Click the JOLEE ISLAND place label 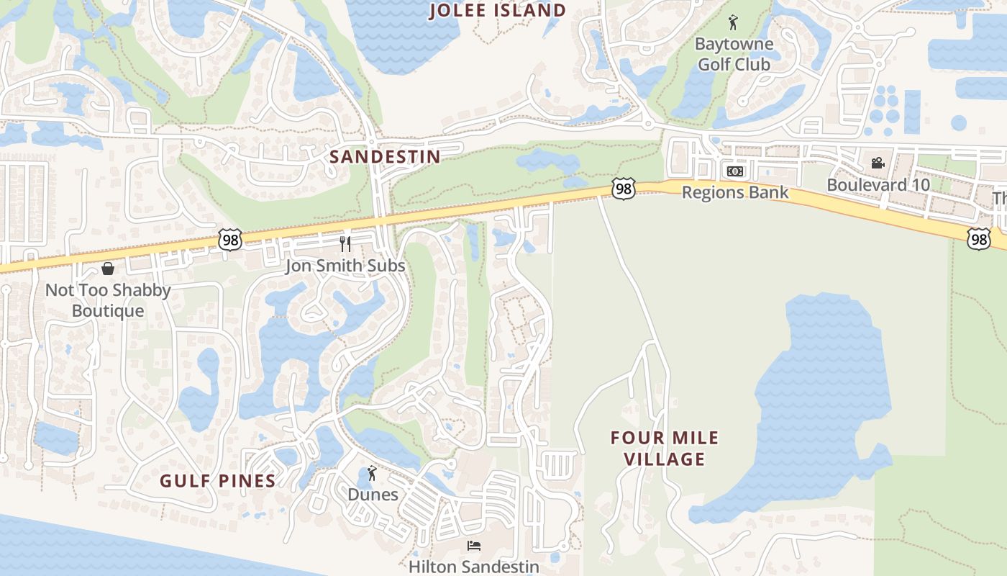pyautogui.click(x=498, y=11)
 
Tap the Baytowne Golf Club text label pyautogui.click(x=734, y=54)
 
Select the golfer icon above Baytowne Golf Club pyautogui.click(x=733, y=22)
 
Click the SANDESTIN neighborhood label pyautogui.click(x=385, y=157)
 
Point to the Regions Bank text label pyautogui.click(x=735, y=192)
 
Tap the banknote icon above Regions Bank pyautogui.click(x=734, y=171)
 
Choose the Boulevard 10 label pyautogui.click(x=878, y=184)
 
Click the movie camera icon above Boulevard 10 pyautogui.click(x=878, y=163)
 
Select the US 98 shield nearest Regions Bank pyautogui.click(x=624, y=189)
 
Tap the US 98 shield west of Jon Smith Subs pyautogui.click(x=230, y=240)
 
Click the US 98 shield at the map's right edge pyautogui.click(x=978, y=238)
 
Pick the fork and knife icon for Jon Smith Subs pyautogui.click(x=345, y=244)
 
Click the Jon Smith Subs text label pyautogui.click(x=345, y=266)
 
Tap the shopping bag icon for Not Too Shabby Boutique pyautogui.click(x=108, y=269)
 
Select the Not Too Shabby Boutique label pyautogui.click(x=108, y=300)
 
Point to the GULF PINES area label pyautogui.click(x=217, y=481)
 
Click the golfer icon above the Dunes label pyautogui.click(x=372, y=473)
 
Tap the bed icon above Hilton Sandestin pyautogui.click(x=473, y=546)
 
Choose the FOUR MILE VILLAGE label pyautogui.click(x=664, y=448)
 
